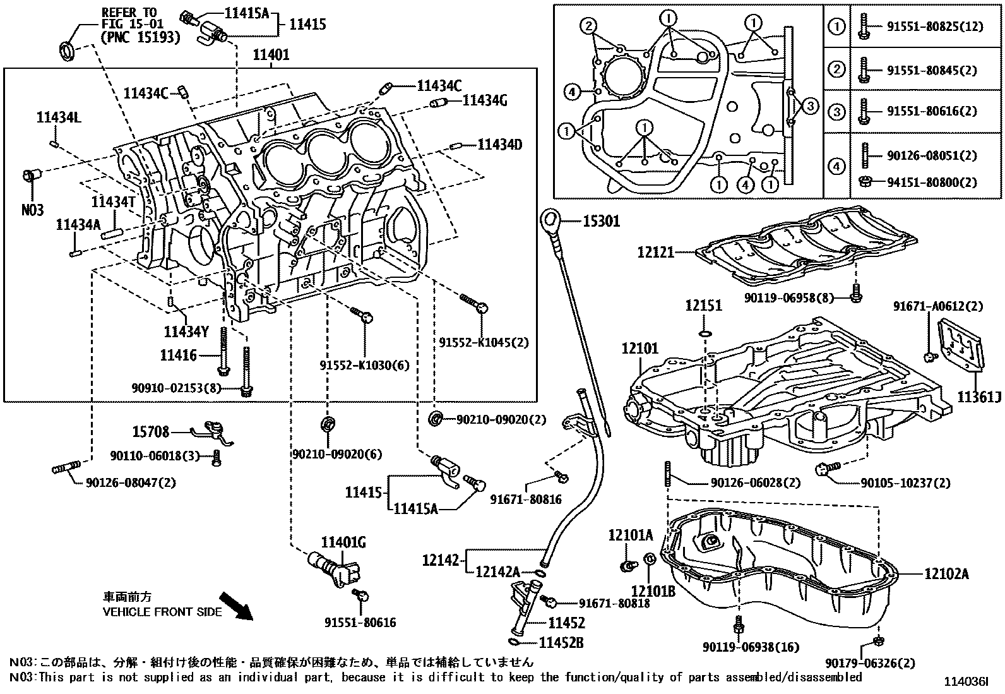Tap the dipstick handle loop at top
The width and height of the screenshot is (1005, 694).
click(x=549, y=220)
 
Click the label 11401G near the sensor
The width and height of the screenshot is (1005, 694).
click(x=343, y=542)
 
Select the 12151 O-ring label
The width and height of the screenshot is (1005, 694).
click(x=703, y=306)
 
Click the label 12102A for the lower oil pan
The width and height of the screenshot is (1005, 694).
click(x=946, y=574)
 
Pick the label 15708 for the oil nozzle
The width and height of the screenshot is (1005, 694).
click(x=150, y=432)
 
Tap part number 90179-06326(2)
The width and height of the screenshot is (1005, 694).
click(x=869, y=663)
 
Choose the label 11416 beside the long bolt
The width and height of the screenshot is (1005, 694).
click(x=179, y=356)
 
